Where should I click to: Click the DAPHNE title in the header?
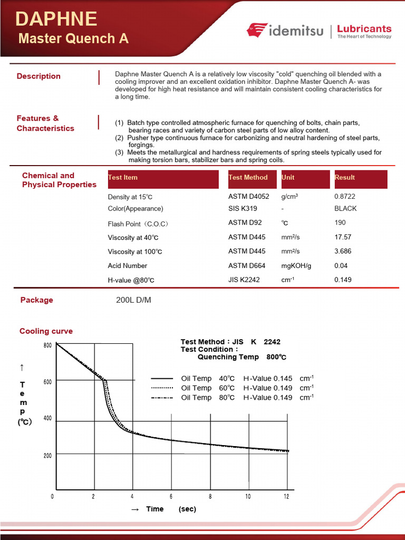(56, 19)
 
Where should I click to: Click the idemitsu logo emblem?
(257, 31)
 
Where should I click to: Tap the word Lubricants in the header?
(364, 28)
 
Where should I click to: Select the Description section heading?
(38, 76)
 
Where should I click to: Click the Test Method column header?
(248, 178)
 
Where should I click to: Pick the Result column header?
(345, 178)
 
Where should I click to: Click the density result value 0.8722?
(345, 196)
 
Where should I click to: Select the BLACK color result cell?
(345, 208)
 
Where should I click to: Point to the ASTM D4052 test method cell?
(248, 196)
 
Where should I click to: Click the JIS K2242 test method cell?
(244, 279)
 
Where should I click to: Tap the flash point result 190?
(340, 223)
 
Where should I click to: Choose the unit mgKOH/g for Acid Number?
(296, 266)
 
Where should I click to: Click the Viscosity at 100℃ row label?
(135, 252)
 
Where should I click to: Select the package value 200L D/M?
(133, 300)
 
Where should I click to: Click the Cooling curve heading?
(46, 331)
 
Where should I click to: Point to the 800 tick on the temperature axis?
(47, 345)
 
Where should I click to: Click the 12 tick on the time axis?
(286, 496)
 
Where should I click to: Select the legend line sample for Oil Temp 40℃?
(162, 379)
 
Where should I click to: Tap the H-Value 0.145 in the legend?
(268, 379)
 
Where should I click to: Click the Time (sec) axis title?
(163, 509)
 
